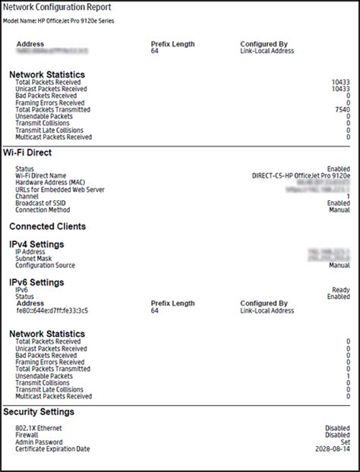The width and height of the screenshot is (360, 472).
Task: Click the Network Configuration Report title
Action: [x=57, y=8]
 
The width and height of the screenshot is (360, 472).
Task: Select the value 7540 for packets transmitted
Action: [x=341, y=109]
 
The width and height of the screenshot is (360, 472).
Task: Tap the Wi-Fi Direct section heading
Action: [x=31, y=154]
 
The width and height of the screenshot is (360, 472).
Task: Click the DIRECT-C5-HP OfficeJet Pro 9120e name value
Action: [x=301, y=175]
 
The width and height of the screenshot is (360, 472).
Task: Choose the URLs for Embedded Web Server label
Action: [x=59, y=189]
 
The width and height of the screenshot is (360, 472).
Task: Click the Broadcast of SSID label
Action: [x=43, y=203]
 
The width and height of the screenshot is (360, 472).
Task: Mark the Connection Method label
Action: [x=43, y=209]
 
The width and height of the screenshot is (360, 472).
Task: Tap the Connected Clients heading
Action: [x=47, y=226]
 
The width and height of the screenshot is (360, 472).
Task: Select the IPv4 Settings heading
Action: [x=36, y=244]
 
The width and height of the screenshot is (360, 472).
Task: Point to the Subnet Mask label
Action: [x=35, y=259]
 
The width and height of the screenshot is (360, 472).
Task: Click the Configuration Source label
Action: [x=46, y=266]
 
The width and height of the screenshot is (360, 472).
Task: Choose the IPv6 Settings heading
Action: [x=36, y=282]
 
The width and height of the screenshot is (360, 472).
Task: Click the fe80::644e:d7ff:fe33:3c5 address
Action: [x=52, y=310]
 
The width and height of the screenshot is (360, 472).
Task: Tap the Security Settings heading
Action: [x=39, y=411]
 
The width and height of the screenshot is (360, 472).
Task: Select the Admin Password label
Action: [x=39, y=442]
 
